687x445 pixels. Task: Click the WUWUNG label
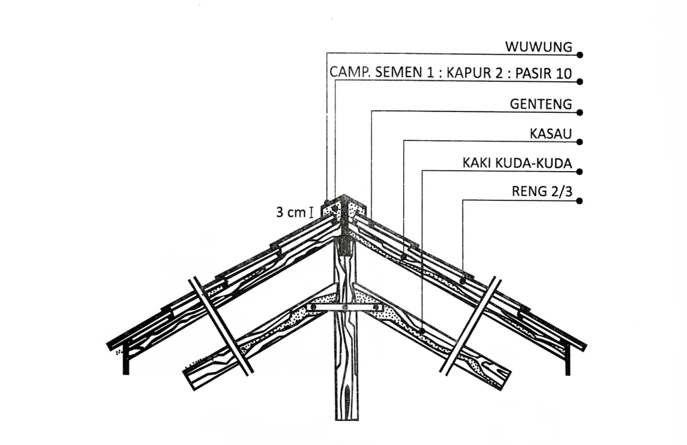coord(539,47)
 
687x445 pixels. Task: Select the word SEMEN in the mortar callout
coord(400,73)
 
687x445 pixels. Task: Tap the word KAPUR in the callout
coord(469,73)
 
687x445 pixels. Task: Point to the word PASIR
coord(531,73)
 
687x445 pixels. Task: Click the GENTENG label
coord(541,104)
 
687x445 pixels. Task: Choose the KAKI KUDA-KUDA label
coord(517,163)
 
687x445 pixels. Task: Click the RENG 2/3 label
coord(541,193)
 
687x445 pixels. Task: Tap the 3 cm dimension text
coord(290,213)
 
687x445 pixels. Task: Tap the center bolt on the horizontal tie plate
coord(344,307)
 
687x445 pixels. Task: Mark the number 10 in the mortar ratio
coord(564,73)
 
